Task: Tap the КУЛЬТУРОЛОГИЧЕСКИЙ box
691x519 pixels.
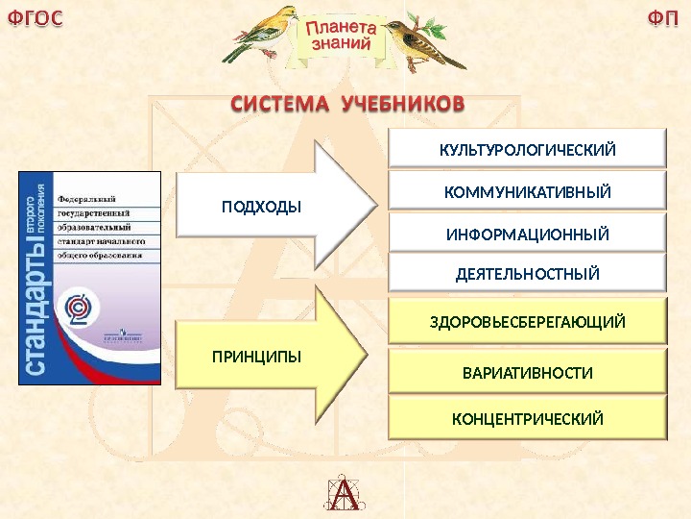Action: pos(526,150)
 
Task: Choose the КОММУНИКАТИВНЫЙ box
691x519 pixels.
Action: pos(526,192)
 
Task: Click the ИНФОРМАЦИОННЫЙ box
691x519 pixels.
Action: pos(526,234)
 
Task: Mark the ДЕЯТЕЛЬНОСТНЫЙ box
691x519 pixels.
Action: pos(526,274)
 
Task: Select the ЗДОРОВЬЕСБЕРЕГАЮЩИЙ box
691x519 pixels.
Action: pos(526,321)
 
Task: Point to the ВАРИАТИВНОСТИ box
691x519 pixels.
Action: pos(526,371)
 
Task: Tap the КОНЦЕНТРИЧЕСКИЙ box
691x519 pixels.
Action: pos(526,419)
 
